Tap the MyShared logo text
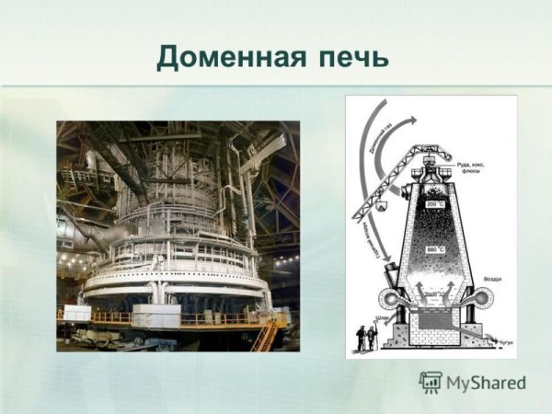[487, 382]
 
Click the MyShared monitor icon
[431, 381]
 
